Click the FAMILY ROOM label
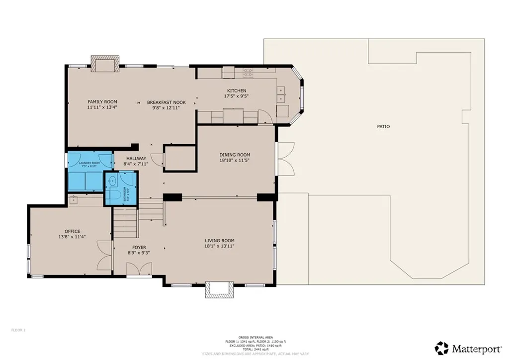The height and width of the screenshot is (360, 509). pos(102,102)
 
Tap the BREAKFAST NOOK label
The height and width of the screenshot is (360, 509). pos(166,102)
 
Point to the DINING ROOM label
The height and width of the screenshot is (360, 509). pos(235,155)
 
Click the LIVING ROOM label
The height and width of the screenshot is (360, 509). pos(219,240)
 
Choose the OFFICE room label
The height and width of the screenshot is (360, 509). pos(72,231)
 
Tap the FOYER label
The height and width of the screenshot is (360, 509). pos(139,247)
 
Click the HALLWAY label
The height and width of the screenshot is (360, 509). pos(136,158)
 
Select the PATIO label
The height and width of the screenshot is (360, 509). pos(383,126)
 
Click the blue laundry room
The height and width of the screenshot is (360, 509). pos(85,172)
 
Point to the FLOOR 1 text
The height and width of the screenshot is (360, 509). pos(18,330)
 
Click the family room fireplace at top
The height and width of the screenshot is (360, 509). pos(104,63)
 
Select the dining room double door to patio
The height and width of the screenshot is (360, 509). pos(285,158)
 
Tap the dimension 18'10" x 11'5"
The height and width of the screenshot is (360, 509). pos(235,161)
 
